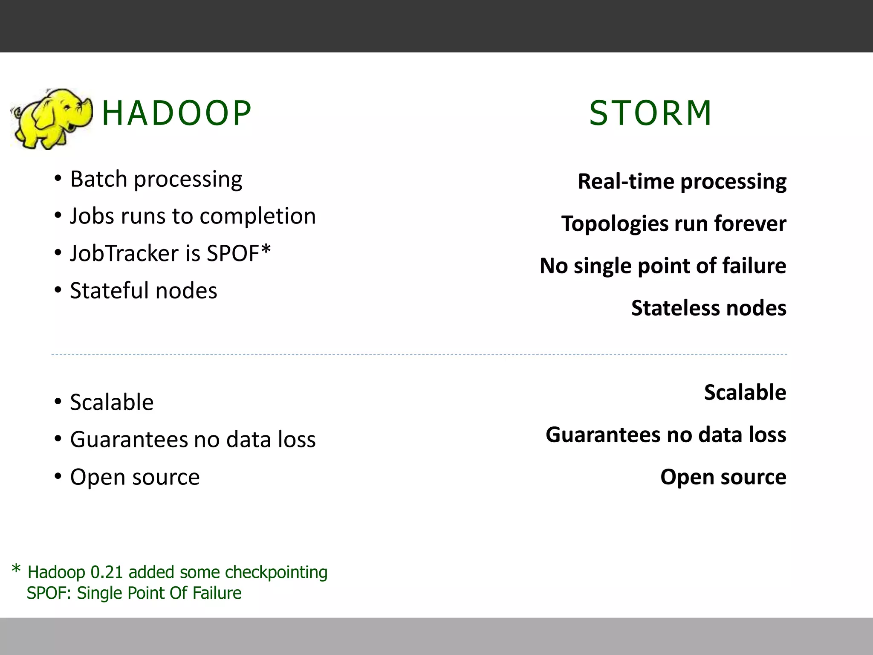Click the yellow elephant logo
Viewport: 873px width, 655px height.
[51, 118]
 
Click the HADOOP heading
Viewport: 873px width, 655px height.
[176, 113]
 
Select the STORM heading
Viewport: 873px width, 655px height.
[650, 113]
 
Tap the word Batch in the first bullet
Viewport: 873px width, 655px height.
[99, 179]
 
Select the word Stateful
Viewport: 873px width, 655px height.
[109, 291]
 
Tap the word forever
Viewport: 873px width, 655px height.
[750, 224]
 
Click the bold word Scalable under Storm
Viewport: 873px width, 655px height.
[745, 393]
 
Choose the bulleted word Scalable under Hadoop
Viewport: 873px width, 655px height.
[112, 403]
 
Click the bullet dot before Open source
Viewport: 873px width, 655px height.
[58, 476]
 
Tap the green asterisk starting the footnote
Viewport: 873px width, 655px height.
[16, 569]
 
